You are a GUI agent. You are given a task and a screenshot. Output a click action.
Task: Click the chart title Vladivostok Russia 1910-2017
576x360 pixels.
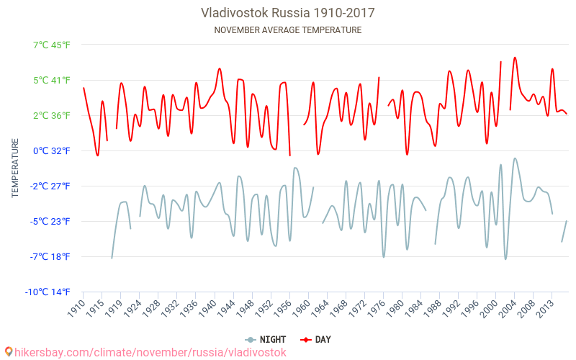point(288,13)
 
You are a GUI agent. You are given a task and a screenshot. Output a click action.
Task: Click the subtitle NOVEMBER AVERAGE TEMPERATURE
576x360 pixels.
point(288,30)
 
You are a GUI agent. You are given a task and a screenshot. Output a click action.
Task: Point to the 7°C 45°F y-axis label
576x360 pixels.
point(52,45)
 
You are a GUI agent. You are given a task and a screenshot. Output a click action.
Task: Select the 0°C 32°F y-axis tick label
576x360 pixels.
point(52,150)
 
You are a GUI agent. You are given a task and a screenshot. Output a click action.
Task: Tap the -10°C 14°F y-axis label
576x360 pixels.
point(49,292)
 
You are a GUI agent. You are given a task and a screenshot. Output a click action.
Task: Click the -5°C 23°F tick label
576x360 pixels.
point(50,221)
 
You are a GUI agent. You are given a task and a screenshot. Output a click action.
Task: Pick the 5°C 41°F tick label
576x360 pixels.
point(52,80)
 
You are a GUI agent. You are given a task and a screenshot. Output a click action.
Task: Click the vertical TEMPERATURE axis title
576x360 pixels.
point(15,168)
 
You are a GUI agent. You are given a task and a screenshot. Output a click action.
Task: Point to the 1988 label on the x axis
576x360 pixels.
point(432,308)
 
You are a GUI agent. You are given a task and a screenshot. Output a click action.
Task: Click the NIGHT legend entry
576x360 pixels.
point(266,339)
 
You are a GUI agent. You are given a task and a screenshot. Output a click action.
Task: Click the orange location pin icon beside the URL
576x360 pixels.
point(8,352)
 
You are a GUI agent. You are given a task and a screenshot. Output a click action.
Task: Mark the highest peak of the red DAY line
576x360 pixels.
point(515,58)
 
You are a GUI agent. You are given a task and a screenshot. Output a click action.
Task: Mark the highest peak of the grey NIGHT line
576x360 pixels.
point(515,158)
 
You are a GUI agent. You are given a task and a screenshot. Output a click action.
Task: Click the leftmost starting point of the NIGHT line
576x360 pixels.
point(112,258)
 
